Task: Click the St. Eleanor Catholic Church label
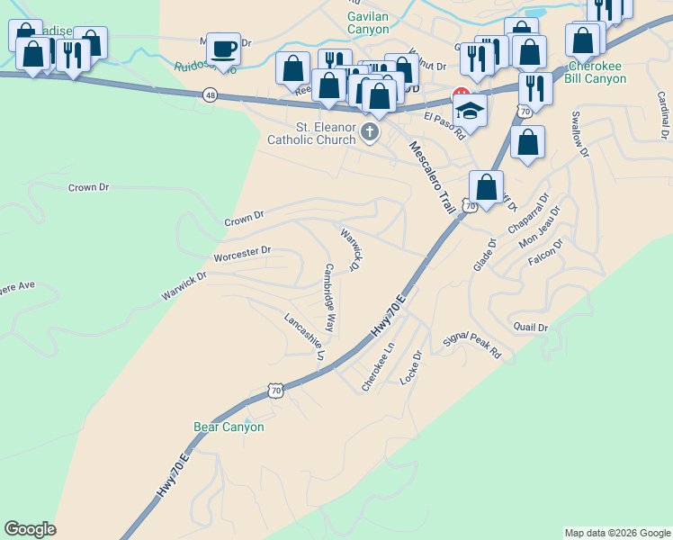310,133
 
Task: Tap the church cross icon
369,133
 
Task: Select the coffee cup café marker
222,48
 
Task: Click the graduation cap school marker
470,111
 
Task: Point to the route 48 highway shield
210,94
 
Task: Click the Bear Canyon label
229,427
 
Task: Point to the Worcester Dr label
242,254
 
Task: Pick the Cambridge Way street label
329,299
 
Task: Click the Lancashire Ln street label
304,337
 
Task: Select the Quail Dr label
529,327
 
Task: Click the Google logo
30,529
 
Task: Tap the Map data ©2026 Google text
616,533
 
